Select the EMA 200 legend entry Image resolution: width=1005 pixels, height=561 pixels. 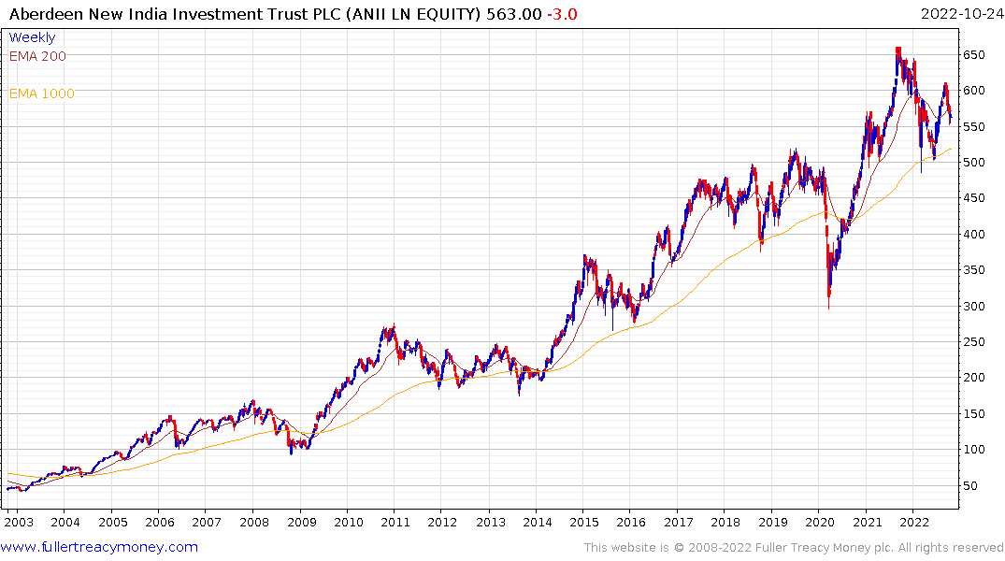coord(37,56)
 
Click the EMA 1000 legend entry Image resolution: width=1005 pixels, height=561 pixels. coord(41,93)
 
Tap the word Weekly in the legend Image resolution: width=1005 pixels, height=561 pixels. coord(32,37)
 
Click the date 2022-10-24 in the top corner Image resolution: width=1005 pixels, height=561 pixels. coord(959,13)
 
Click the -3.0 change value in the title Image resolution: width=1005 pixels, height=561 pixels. coord(561,13)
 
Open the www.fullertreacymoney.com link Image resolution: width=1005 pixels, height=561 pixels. coord(100,547)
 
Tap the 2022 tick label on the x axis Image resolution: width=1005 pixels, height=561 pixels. coord(913,523)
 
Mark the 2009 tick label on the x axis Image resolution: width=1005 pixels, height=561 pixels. coord(301,523)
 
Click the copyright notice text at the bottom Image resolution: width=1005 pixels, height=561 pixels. coord(792,548)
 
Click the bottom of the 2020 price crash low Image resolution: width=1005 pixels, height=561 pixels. coord(828,308)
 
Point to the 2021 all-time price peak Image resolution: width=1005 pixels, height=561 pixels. coord(897,49)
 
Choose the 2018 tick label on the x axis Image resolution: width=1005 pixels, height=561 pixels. coord(725,523)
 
